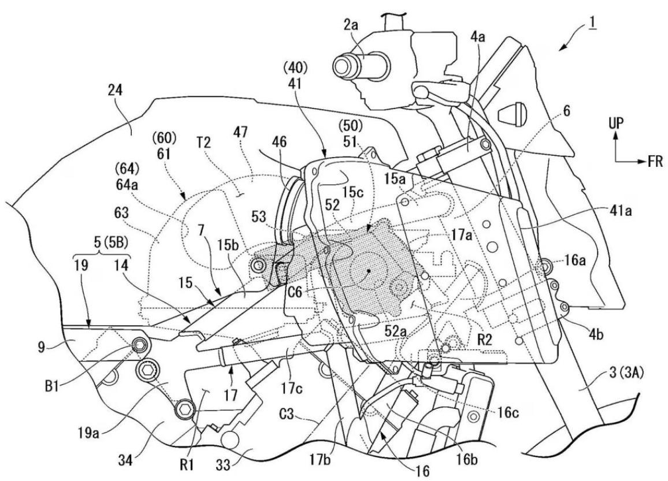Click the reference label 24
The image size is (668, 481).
click(x=115, y=91)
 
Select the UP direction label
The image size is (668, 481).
click(x=616, y=124)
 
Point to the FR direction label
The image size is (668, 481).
click(x=655, y=162)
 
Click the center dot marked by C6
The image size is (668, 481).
click(x=369, y=270)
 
